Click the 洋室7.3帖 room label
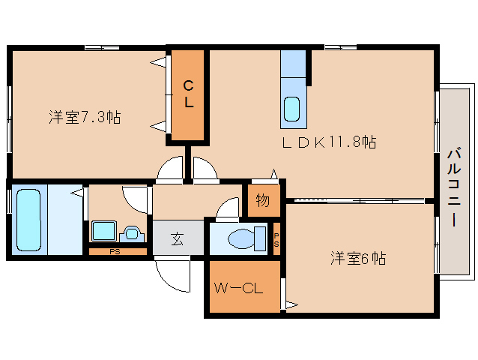coord(85,117)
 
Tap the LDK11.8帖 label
coord(329,142)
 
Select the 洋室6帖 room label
coord(358,259)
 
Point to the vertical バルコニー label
coord(454,187)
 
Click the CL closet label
coord(189,94)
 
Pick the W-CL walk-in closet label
coord(238,287)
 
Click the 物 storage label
coord(262,200)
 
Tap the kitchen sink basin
coord(292,109)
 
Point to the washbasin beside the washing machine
coord(133,233)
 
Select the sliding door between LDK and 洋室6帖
coord(357,200)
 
